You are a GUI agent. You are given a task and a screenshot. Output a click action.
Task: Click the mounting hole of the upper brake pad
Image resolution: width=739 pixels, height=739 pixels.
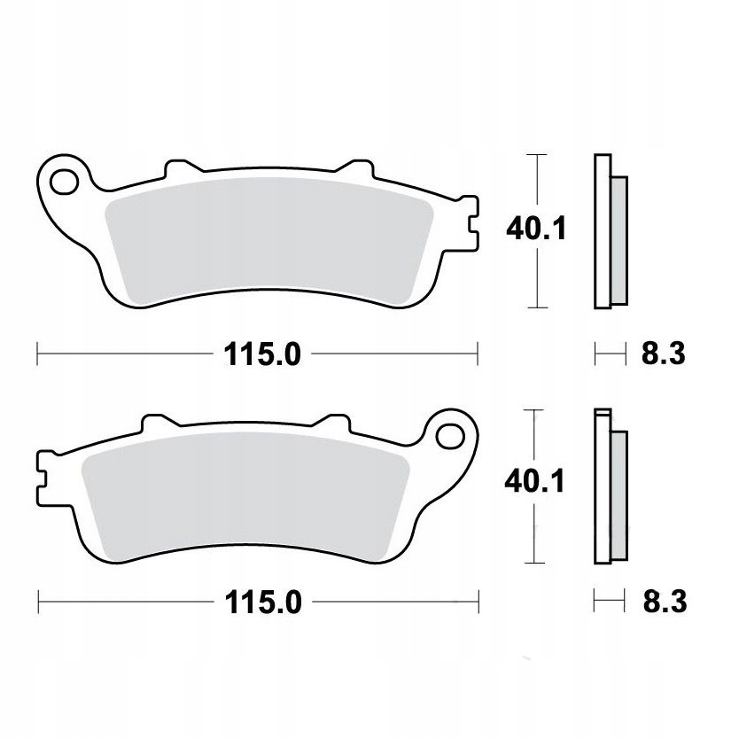click(65, 182)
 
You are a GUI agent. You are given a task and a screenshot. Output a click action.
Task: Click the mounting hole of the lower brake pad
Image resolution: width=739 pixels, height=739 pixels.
click(450, 437)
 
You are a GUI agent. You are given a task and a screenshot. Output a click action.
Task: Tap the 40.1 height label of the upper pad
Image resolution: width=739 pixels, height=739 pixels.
click(536, 229)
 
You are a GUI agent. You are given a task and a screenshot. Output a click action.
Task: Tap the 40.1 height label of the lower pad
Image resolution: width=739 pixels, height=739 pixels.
click(534, 482)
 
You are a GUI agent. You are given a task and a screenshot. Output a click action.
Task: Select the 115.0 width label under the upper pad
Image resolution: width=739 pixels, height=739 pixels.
click(262, 354)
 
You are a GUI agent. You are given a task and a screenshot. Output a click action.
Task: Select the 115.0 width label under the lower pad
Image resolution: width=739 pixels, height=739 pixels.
click(263, 603)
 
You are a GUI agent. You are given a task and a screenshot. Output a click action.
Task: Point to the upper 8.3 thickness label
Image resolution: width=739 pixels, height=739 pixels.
click(663, 354)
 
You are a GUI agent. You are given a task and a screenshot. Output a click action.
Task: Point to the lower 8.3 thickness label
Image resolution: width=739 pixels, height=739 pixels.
click(665, 602)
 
